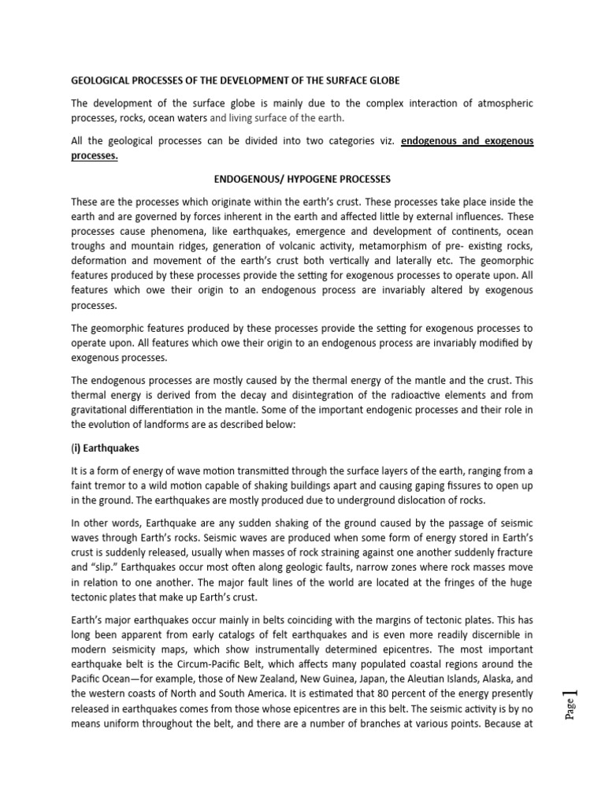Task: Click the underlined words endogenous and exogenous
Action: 467,141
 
